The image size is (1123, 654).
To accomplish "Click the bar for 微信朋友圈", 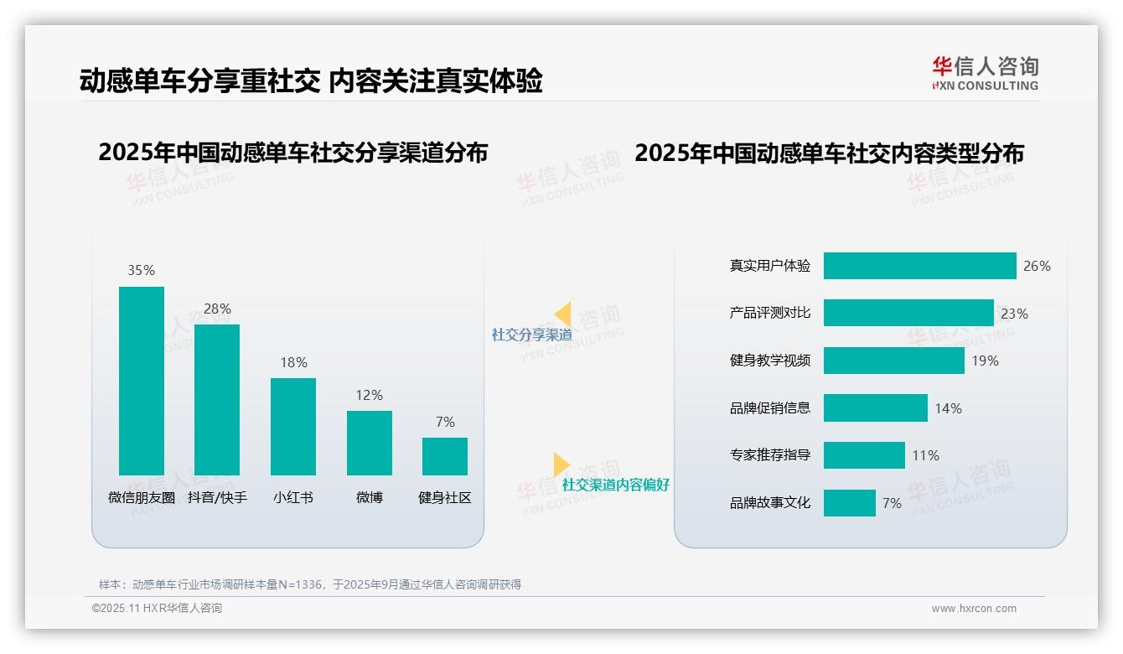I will (x=142, y=381).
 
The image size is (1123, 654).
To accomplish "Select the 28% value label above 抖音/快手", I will (x=217, y=309).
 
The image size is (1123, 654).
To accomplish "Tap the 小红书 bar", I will (x=293, y=427).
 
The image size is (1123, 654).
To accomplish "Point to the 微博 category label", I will (x=370, y=497).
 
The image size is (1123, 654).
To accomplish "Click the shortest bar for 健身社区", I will (x=445, y=456).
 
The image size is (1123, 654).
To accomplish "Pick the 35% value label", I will (x=141, y=270).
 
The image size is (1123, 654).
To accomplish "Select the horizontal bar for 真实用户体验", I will (x=919, y=266).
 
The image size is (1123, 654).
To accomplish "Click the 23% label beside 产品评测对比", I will (x=1014, y=314).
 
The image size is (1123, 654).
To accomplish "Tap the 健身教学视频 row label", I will (x=770, y=361).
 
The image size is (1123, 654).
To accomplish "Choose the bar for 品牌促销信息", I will (x=875, y=408).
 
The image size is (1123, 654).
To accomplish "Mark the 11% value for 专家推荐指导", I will (x=925, y=455).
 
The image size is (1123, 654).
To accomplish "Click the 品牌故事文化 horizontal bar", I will (x=849, y=503).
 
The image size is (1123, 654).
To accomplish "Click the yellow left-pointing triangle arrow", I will (x=563, y=314).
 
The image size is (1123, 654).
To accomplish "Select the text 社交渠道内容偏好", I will (x=616, y=485).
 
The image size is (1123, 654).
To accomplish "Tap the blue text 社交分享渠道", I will (x=531, y=335).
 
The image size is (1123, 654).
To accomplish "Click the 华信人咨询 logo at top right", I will (x=985, y=74).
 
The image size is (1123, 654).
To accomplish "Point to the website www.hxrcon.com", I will (x=974, y=609).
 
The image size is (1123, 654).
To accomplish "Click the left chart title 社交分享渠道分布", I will (x=292, y=153).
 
